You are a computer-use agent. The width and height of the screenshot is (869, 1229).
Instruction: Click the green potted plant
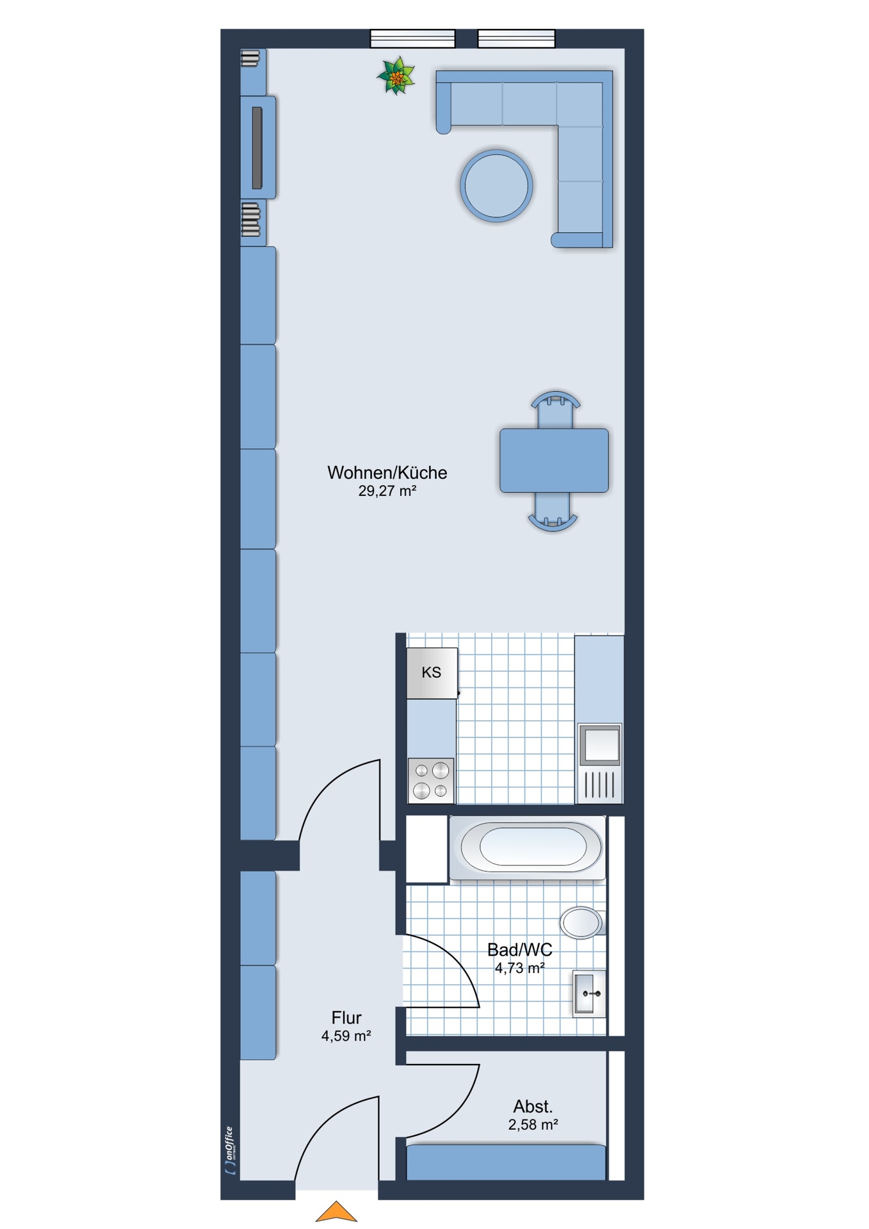(396, 76)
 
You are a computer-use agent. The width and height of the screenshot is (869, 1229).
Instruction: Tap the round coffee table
(496, 186)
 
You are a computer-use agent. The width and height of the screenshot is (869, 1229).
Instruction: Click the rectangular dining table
(554, 460)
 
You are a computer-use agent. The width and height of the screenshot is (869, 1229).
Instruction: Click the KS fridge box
(432, 673)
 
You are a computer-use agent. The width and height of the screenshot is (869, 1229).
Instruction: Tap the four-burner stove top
(432, 780)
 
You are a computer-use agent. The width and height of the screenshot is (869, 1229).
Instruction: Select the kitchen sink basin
(600, 744)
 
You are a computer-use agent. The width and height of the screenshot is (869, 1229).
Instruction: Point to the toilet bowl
(582, 922)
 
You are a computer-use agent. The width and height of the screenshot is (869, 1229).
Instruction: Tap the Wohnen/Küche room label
(387, 472)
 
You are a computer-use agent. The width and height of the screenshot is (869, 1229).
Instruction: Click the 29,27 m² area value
(387, 491)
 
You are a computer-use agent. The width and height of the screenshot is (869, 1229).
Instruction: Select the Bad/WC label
(519, 950)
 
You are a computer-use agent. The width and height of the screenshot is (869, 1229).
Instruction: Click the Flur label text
(346, 1018)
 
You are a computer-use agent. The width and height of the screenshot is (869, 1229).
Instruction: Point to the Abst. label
(533, 1106)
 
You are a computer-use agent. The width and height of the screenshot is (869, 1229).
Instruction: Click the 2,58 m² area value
(533, 1125)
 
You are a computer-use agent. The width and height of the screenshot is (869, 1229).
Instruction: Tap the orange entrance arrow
(336, 1212)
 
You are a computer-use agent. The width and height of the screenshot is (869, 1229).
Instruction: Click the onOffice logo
(231, 1150)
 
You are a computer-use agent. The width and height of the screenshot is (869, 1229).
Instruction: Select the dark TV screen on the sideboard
(257, 148)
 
